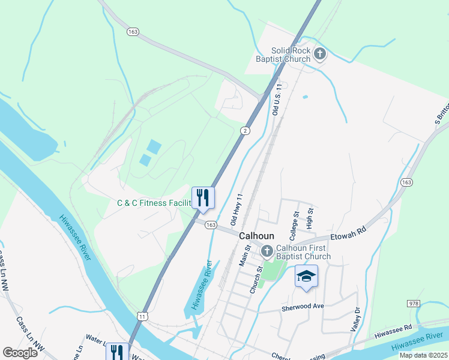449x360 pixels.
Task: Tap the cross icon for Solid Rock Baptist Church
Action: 319,55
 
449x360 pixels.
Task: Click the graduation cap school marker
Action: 306,277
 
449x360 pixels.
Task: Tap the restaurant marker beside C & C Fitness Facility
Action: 202,198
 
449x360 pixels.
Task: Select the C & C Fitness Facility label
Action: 153,203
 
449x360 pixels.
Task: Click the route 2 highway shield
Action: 245,130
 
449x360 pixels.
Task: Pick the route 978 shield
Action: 412,304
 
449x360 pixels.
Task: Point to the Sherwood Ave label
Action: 303,307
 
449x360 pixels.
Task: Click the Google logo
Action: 20,353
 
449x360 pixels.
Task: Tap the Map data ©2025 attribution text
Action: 423,355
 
